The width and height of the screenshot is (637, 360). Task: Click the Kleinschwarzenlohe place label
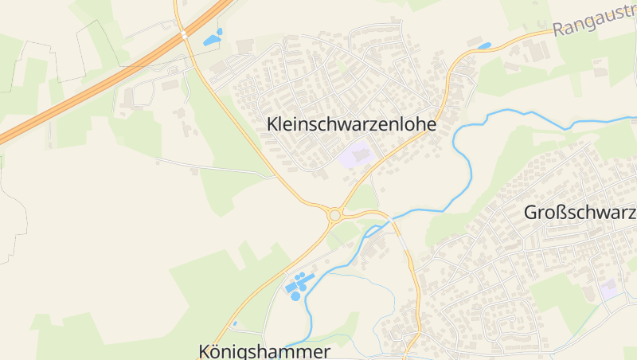click(353, 125)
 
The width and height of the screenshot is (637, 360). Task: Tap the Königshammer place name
click(264, 351)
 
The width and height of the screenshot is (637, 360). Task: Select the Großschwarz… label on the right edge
click(580, 213)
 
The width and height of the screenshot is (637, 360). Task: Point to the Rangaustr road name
click(594, 22)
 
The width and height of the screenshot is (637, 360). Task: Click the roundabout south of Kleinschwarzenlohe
click(335, 215)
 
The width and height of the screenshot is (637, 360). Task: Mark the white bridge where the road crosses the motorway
click(184, 34)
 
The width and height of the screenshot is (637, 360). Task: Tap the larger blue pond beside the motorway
click(211, 40)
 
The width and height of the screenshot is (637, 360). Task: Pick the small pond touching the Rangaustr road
click(483, 45)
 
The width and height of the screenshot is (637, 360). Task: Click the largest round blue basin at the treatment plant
click(295, 295)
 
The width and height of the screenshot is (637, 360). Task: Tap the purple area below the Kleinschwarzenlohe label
click(356, 154)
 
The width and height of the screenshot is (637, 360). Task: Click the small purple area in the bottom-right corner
click(611, 288)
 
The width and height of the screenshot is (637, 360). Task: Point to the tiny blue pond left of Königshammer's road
click(235, 323)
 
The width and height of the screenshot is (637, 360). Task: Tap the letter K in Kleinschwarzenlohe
click(273, 125)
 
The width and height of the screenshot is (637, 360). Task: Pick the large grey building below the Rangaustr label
click(539, 51)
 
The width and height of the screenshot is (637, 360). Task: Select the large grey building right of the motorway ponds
click(244, 47)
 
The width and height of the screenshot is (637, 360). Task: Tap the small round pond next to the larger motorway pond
click(220, 32)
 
